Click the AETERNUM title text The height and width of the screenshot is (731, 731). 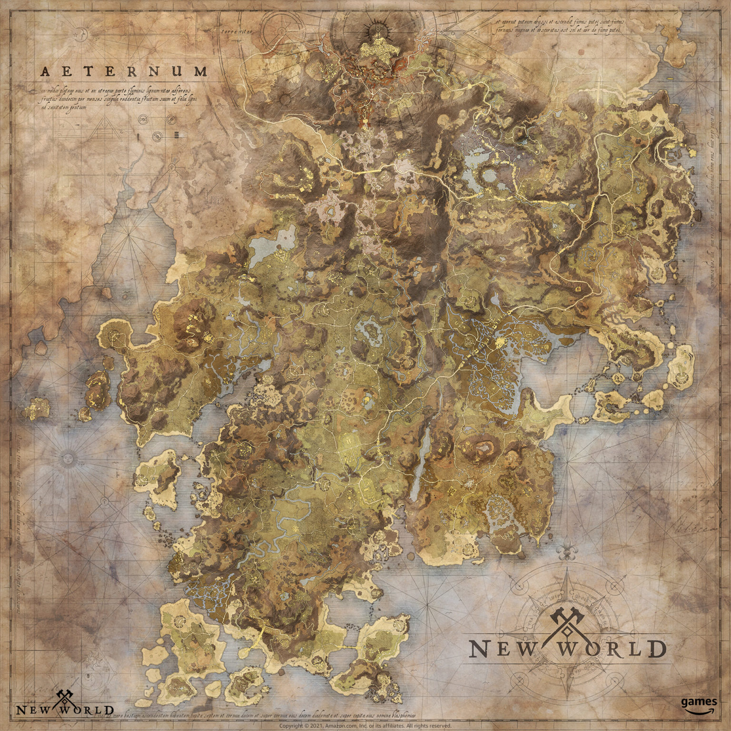124,72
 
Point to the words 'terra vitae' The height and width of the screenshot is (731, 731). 237,32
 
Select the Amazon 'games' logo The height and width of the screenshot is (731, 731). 698,705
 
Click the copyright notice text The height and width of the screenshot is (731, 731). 365,726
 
